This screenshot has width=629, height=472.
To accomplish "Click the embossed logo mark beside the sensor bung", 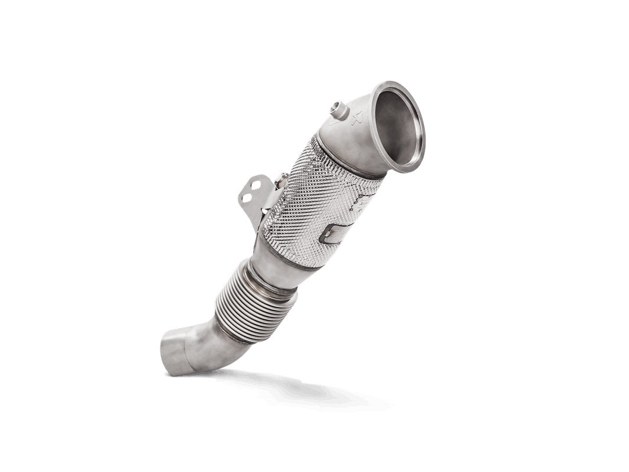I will pyautogui.click(x=356, y=119).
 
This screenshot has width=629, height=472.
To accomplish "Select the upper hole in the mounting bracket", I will pyautogui.click(x=255, y=185).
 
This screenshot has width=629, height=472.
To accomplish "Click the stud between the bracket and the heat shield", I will pyautogui.click(x=284, y=178).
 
